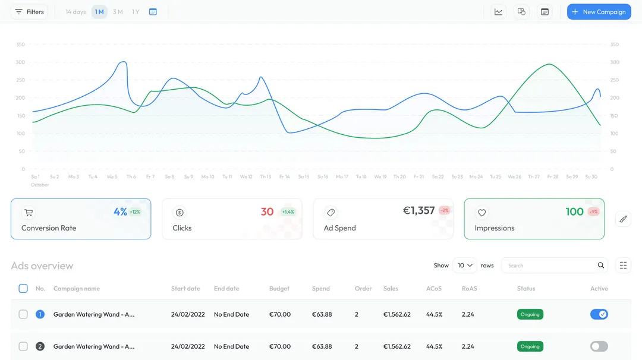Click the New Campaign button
click(599, 12)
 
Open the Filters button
click(29, 12)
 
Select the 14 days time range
click(75, 12)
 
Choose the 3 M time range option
click(118, 12)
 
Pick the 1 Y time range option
click(136, 12)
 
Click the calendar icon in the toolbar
click(153, 12)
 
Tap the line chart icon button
click(498, 12)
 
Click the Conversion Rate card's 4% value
click(120, 211)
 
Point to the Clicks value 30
click(267, 211)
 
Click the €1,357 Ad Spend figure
click(418, 210)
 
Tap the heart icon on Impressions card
click(482, 213)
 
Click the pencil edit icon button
click(623, 219)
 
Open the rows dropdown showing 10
click(465, 266)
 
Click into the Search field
click(550, 266)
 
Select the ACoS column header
click(434, 289)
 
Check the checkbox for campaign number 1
click(23, 314)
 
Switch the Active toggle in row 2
click(599, 346)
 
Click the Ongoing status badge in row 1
click(530, 314)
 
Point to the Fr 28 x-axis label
click(553, 176)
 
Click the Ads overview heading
click(42, 266)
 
